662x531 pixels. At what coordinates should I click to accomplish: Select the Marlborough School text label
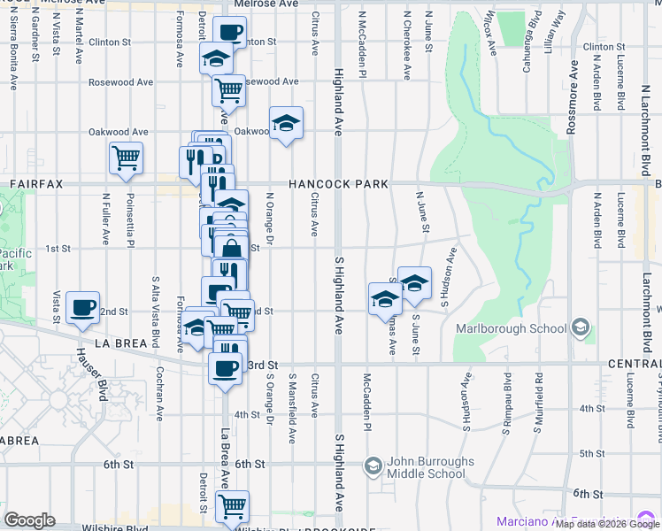[511, 328]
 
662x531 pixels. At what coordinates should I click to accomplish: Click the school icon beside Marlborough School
[581, 328]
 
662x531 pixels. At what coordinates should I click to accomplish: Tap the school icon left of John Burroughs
[373, 465]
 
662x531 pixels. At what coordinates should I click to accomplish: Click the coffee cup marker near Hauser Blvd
[83, 306]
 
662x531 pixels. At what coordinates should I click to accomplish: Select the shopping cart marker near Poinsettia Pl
[126, 158]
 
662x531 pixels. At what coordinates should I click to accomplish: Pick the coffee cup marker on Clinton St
[229, 32]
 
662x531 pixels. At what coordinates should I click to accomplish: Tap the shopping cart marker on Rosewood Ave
[229, 88]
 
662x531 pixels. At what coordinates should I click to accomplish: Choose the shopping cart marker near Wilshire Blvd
[232, 505]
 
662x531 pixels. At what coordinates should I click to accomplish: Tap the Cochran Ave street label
[159, 393]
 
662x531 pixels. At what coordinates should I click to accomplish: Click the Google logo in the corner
[29, 520]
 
